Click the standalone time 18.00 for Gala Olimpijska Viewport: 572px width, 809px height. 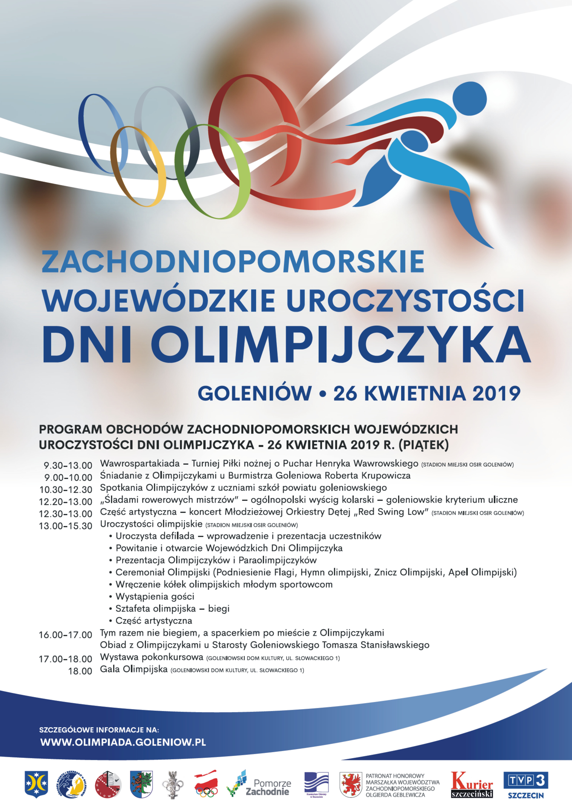click(x=80, y=671)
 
